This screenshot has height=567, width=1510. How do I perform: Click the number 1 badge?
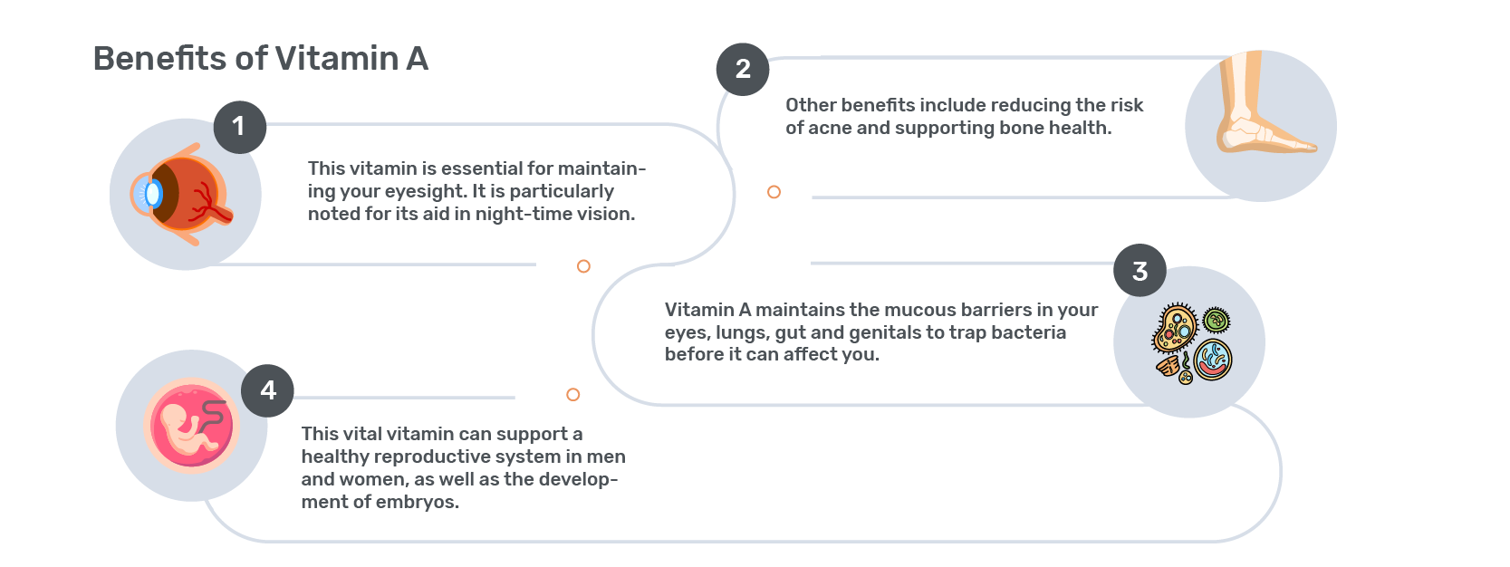tap(240, 127)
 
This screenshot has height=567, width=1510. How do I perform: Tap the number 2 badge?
tap(743, 70)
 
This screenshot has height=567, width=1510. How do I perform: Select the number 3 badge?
tap(1140, 270)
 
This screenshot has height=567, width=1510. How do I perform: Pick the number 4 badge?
tap(267, 391)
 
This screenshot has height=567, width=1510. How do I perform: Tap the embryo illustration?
tap(191, 426)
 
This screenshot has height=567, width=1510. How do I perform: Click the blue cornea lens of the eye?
tap(149, 194)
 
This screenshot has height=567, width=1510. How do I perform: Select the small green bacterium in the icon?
tap(1217, 320)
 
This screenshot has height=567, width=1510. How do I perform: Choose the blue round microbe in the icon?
tap(1213, 360)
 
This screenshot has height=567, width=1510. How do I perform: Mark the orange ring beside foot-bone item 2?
tap(774, 192)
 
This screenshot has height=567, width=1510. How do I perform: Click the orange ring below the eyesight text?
tap(583, 266)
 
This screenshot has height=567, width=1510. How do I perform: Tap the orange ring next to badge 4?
tap(573, 394)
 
